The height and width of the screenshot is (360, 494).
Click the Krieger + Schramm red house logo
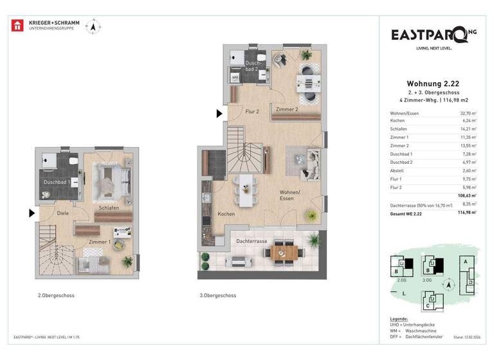pyautogui.click(x=18, y=26)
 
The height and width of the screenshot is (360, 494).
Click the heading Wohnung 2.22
pyautogui.click(x=432, y=83)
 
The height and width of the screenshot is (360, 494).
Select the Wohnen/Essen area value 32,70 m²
pyautogui.click(x=467, y=113)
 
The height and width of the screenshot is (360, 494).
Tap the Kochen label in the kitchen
pyautogui.click(x=226, y=213)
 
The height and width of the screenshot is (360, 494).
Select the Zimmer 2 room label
pyautogui.click(x=287, y=110)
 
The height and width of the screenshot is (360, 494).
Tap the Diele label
pyautogui.click(x=62, y=213)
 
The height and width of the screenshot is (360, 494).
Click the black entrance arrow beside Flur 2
pyautogui.click(x=219, y=114)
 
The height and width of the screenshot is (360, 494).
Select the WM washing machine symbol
pyautogui.click(x=235, y=77)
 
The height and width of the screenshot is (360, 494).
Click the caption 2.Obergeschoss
pyautogui.click(x=55, y=296)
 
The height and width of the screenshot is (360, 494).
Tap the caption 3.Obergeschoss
pyautogui.click(x=217, y=296)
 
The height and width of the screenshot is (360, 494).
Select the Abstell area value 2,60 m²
pyautogui.click(x=468, y=171)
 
